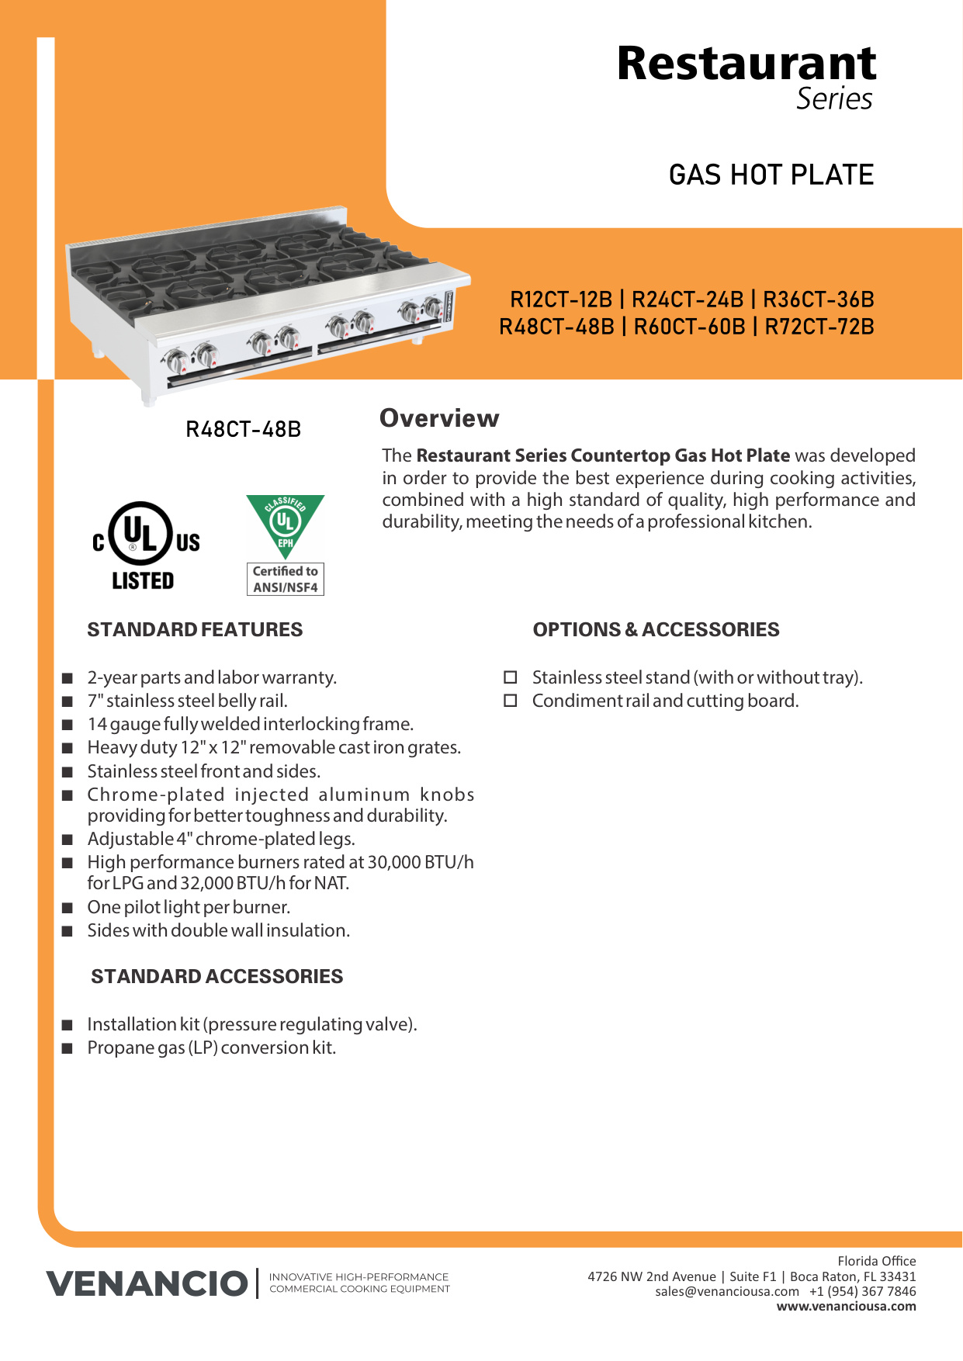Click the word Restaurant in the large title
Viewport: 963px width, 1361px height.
pyautogui.click(x=746, y=64)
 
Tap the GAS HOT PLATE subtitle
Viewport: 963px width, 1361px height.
pyautogui.click(x=771, y=175)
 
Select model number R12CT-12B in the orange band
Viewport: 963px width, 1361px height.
pyautogui.click(x=561, y=300)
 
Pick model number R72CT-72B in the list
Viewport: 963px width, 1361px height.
pyautogui.click(x=819, y=327)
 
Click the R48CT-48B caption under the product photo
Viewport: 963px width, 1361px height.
pyautogui.click(x=243, y=429)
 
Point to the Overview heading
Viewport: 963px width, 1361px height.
pyautogui.click(x=439, y=418)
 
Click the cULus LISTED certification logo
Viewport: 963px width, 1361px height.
pyautogui.click(x=145, y=545)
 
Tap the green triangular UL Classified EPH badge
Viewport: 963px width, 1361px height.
pyautogui.click(x=285, y=523)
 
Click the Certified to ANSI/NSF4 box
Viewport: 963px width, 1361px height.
pyautogui.click(x=285, y=580)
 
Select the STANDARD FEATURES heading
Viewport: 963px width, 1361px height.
pyautogui.click(x=195, y=629)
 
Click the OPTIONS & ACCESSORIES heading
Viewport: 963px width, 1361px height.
pyautogui.click(x=656, y=629)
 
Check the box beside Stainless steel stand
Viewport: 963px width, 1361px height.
pyautogui.click(x=511, y=677)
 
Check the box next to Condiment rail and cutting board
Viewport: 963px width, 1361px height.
pyautogui.click(x=511, y=701)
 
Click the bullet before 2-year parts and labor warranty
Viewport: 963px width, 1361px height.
pyautogui.click(x=68, y=678)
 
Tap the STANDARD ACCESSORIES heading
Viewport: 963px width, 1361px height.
pyautogui.click(x=217, y=976)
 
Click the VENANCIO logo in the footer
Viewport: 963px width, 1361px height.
pyautogui.click(x=147, y=1283)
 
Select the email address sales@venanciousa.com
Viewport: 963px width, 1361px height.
pyautogui.click(x=726, y=1291)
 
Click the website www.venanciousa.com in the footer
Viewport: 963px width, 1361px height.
pyautogui.click(x=846, y=1306)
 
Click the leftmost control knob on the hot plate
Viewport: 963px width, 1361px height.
pyautogui.click(x=177, y=361)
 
